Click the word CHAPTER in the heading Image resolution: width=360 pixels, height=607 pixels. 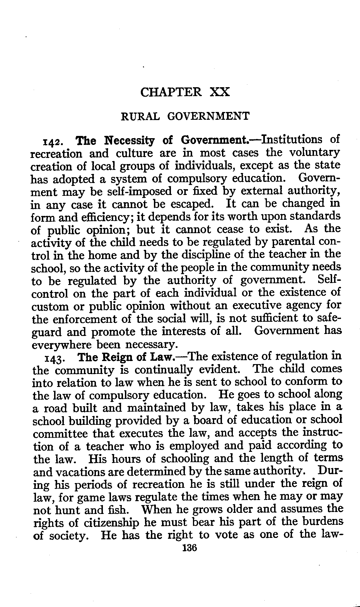click(171, 92)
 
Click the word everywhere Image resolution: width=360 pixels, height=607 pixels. click(62, 345)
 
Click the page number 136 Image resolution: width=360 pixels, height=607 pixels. click(189, 548)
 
